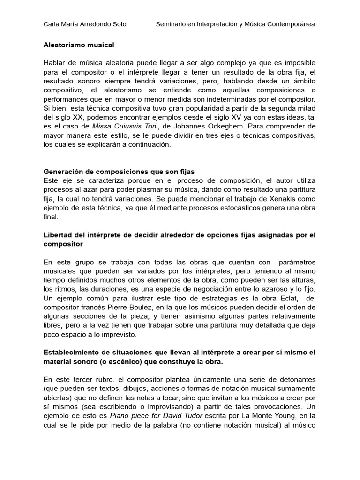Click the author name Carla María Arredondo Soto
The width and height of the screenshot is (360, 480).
pyautogui.click(x=84, y=24)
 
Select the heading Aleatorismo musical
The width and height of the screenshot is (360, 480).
pyautogui.click(x=79, y=45)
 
